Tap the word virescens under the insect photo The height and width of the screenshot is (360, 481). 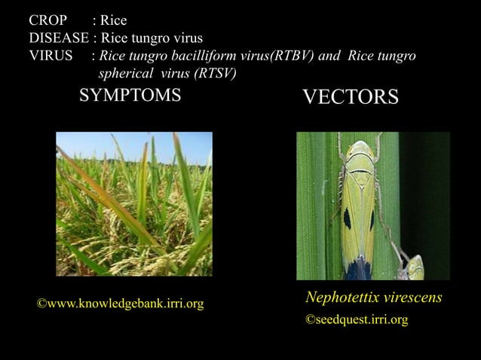414,297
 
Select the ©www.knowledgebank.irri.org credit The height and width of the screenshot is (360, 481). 121,304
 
